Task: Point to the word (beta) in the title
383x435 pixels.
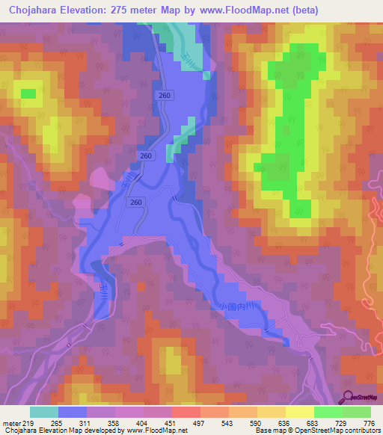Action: (302, 10)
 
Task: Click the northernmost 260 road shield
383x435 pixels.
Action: (165, 96)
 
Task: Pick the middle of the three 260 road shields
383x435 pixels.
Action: (146, 155)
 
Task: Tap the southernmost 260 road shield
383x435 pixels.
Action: (136, 202)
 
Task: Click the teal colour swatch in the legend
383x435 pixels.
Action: (44, 412)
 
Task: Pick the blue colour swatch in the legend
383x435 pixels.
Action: (73, 412)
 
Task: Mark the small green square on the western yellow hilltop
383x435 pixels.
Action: (28, 93)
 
